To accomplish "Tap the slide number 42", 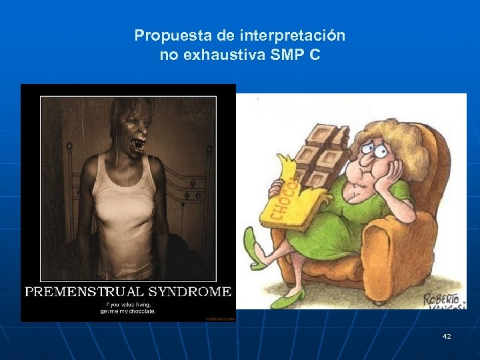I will coord(447,336).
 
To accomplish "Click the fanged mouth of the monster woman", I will coord(139,144).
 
